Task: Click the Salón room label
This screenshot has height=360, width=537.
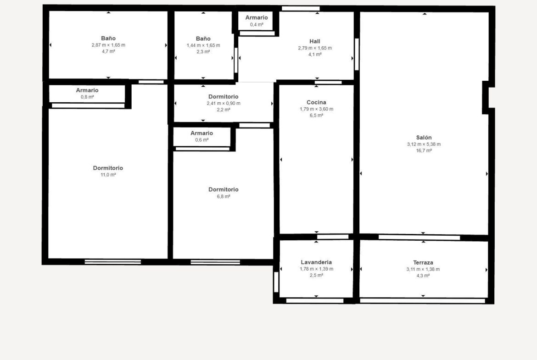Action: [x=424, y=138]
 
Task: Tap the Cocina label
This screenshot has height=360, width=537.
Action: [x=316, y=102]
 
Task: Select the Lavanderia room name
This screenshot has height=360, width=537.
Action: [x=316, y=262]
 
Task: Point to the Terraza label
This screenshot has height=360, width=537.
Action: [x=423, y=262]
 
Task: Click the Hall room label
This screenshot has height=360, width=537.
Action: [x=315, y=41]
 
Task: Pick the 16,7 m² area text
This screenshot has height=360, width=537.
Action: [x=424, y=150]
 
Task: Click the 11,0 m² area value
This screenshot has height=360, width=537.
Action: [x=108, y=175]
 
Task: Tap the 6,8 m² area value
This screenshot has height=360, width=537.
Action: [x=224, y=196]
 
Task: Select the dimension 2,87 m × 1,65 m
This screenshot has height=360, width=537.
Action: [x=108, y=45]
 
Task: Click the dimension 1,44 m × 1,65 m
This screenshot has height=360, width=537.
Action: [x=203, y=45]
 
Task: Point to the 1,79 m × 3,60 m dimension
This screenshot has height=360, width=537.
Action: [x=316, y=109]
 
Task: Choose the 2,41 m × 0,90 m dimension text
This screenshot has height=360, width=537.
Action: [x=224, y=103]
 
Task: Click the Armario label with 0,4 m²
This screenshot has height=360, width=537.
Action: [x=257, y=17]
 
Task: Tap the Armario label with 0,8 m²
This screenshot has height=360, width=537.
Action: [x=87, y=90]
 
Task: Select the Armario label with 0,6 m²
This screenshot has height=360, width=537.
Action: [x=201, y=133]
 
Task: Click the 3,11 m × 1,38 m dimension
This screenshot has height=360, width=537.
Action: [x=423, y=269]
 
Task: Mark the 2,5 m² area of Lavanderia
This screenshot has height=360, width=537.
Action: [x=316, y=276]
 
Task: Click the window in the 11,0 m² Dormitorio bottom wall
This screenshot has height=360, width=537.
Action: [x=112, y=262]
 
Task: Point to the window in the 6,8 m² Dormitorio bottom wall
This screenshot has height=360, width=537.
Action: [x=215, y=262]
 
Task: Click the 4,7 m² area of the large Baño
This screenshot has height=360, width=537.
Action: [x=108, y=52]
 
